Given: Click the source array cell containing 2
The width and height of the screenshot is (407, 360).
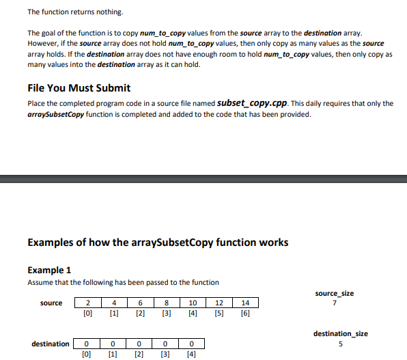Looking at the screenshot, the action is [87, 303].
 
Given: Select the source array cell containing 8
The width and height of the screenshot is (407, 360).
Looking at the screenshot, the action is [167, 303].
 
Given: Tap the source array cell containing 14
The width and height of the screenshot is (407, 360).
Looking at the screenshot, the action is [245, 303].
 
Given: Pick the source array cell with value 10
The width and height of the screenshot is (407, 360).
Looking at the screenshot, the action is [193, 303].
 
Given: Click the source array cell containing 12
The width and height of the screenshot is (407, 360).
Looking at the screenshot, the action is [219, 303].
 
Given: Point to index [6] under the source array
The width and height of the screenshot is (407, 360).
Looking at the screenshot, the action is [245, 314].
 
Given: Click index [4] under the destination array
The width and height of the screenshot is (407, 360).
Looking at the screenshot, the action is [192, 355].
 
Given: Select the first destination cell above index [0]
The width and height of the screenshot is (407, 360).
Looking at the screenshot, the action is [87, 344].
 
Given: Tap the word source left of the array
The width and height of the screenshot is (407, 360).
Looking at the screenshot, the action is [51, 303].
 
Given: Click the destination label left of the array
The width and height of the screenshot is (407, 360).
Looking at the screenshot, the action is [50, 344].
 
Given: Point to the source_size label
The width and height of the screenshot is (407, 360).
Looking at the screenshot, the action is [335, 293].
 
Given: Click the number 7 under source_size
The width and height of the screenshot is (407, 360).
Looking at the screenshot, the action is [335, 303].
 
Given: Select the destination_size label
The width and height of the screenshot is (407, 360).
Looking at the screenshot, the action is [340, 333].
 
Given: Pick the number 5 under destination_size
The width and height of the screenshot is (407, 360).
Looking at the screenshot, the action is [340, 344].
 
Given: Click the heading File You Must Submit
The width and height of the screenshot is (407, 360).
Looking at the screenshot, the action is [79, 88].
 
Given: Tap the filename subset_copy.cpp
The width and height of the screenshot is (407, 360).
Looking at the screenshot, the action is [252, 103].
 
